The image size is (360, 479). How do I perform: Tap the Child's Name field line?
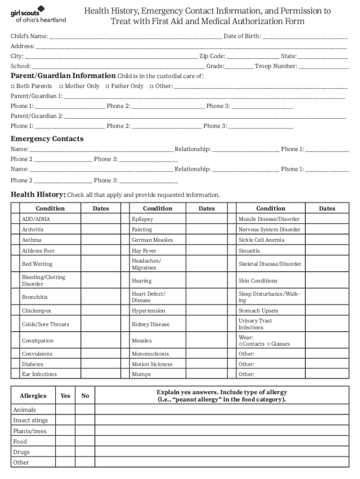point(136,37)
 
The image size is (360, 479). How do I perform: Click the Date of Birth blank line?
point(305,37)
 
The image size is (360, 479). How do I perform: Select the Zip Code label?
point(212,56)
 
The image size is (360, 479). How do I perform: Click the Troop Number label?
point(276,66)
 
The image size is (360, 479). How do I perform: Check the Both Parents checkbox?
point(13,87)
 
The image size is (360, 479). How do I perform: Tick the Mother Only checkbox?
point(61,87)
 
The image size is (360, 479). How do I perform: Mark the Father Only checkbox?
point(108,87)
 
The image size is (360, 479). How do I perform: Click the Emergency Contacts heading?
point(47,139)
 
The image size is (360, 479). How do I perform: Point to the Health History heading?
point(38,195)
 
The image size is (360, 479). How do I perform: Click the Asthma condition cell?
point(50,240)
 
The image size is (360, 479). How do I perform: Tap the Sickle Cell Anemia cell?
point(270,240)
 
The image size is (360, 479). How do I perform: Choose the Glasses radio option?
point(269,344)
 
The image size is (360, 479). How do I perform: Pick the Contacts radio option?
point(240,344)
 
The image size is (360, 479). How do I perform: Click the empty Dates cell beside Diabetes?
point(101,364)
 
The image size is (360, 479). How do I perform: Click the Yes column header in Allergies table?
point(65,396)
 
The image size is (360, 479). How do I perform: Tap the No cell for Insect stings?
point(85,420)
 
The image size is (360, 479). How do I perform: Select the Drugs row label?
point(22,452)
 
